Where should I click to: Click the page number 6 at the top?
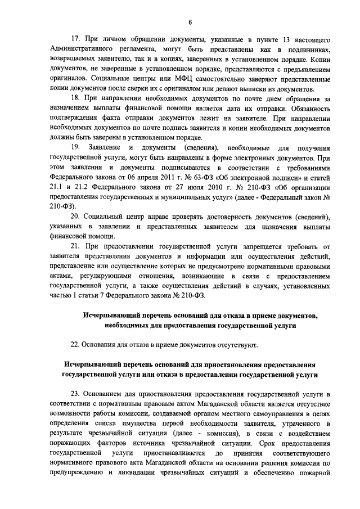click(x=190, y=22)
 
